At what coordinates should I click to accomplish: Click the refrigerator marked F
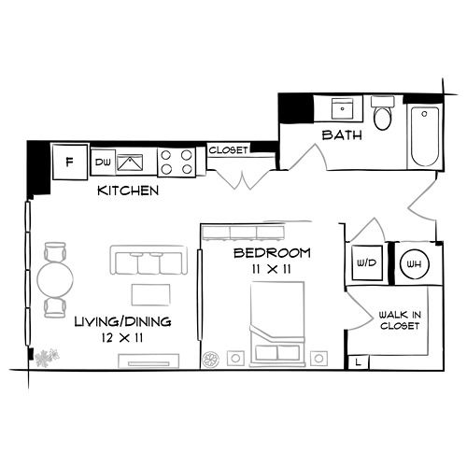coord(69,161)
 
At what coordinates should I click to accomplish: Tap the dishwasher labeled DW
coord(103,163)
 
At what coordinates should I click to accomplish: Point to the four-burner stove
coord(177,163)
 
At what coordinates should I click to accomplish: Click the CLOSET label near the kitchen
coord(227,150)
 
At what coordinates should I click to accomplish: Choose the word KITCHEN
coord(128,191)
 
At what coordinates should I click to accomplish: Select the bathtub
coord(425,136)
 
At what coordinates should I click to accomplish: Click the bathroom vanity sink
coord(342,109)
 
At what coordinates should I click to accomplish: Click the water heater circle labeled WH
coord(412,262)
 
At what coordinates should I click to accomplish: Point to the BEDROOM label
coord(272,253)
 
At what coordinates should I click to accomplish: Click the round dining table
coord(55,278)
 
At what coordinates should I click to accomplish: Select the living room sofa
coord(149,261)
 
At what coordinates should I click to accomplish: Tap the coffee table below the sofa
coord(150,295)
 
